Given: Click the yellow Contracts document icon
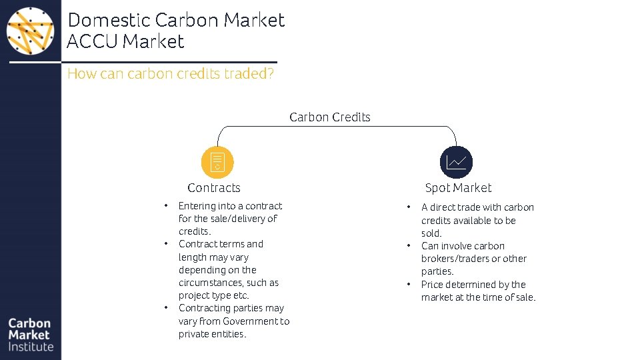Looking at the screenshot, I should (x=217, y=162).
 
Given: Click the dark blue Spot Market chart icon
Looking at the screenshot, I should (x=457, y=162).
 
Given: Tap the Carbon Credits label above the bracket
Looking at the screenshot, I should (x=330, y=117).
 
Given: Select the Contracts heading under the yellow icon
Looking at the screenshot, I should (x=214, y=188).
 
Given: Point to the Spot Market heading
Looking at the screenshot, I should (x=458, y=188).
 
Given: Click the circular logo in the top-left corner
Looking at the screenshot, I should (x=31, y=31).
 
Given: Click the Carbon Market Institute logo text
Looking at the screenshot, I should (x=31, y=335).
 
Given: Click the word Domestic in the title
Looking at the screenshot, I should (x=109, y=20).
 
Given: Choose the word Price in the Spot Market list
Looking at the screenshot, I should (x=432, y=285).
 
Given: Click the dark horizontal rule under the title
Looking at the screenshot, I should (x=143, y=62).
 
